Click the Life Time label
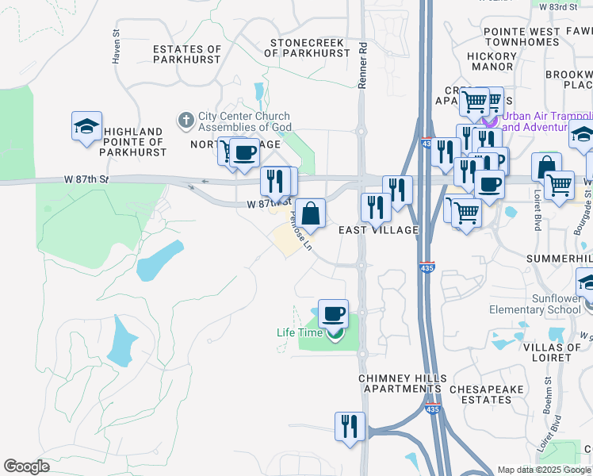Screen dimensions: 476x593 click(x=299, y=333)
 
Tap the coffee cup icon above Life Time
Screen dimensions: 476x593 click(x=333, y=313)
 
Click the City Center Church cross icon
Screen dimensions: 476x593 click(x=186, y=121)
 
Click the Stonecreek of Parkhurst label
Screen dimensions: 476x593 click(x=308, y=47)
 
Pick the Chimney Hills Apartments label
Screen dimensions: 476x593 click(x=402, y=383)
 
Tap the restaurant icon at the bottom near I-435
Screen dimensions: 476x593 click(x=349, y=425)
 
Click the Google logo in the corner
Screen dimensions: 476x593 click(x=27, y=466)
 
